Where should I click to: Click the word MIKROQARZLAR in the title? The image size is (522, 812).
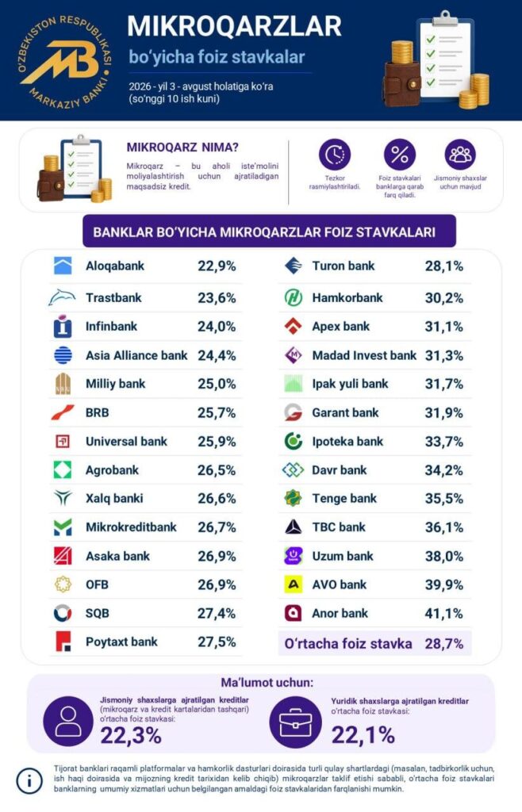[x=235, y=26]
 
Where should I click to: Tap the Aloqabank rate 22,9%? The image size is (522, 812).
[x=217, y=266]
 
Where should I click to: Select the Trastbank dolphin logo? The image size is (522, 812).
[x=62, y=298]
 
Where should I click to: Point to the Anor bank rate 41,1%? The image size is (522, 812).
[x=443, y=614]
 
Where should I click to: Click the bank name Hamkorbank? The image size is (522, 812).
[x=347, y=298]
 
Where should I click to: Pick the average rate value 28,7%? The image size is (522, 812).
[x=443, y=644]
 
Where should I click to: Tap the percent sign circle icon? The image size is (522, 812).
[x=399, y=155]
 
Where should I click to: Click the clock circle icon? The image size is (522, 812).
[x=335, y=155]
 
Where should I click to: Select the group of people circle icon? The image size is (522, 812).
[x=460, y=155]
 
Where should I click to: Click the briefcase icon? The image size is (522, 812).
[x=296, y=722]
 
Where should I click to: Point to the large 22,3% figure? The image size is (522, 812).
[x=131, y=735]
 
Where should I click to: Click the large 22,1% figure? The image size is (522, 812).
[x=363, y=735]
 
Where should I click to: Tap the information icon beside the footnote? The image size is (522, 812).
[x=29, y=780]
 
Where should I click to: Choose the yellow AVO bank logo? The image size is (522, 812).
[x=294, y=584]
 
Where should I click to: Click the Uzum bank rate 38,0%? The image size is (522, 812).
[x=443, y=556]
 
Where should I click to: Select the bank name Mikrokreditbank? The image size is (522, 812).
[x=131, y=527]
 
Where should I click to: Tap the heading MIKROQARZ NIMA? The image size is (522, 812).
[x=182, y=147]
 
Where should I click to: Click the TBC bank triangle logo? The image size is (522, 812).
[x=293, y=527]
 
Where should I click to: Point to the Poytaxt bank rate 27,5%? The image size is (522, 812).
[x=217, y=642]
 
